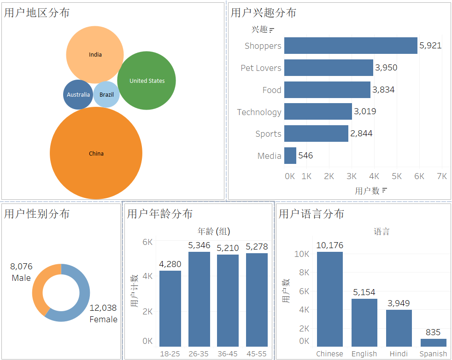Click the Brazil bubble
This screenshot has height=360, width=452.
(106, 94)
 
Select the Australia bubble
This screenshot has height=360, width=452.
(78, 94)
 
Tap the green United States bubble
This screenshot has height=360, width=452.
(147, 81)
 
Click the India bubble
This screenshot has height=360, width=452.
(95, 55)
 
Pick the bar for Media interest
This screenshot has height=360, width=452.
(290, 156)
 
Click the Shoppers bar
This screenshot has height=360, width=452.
(351, 46)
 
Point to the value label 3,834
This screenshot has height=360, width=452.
(383, 90)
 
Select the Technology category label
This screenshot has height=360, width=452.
(259, 112)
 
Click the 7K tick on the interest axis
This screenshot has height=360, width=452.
(442, 176)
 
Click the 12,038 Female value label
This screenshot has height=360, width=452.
(103, 314)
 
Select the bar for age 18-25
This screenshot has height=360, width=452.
(170, 308)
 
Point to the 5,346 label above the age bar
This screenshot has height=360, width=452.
(199, 245)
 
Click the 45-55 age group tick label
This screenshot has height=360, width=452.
(257, 354)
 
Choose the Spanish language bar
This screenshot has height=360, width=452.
(433, 343)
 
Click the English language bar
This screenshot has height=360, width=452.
(364, 323)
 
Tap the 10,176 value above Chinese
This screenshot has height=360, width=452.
(330, 245)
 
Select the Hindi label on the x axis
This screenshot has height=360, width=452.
(399, 354)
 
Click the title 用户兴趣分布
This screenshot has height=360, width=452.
(264, 13)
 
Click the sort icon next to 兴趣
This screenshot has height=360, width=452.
(271, 30)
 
